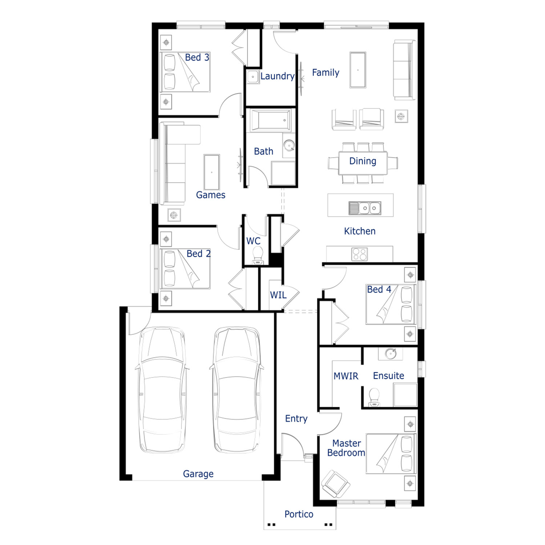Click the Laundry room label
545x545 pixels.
(x=277, y=76)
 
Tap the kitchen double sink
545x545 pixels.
(x=365, y=208)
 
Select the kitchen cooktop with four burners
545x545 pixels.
(x=359, y=254)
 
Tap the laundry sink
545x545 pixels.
(x=253, y=77)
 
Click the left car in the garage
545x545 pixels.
(x=162, y=389)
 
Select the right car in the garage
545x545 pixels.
(x=237, y=389)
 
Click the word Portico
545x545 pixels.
(x=299, y=514)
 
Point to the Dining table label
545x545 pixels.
(x=363, y=161)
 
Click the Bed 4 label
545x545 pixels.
(x=379, y=289)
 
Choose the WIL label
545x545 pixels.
(x=278, y=295)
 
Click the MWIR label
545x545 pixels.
(x=346, y=376)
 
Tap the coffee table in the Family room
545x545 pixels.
(x=358, y=70)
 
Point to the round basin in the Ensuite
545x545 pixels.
(x=391, y=354)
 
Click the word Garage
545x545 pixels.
(x=198, y=474)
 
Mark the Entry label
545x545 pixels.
(x=296, y=419)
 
